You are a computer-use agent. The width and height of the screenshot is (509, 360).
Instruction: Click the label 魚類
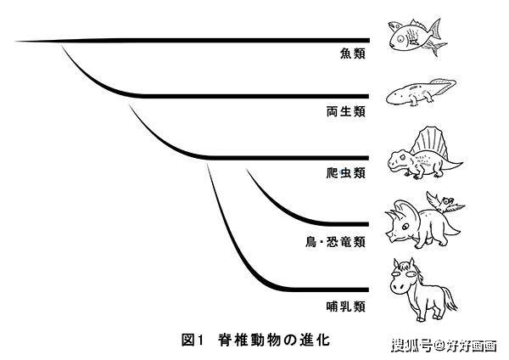point(351,53)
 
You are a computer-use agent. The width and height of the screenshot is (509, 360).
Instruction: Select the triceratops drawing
point(416,225)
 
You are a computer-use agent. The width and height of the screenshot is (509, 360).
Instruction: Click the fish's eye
point(399,36)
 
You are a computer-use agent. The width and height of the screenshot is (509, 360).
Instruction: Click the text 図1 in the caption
point(193,339)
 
